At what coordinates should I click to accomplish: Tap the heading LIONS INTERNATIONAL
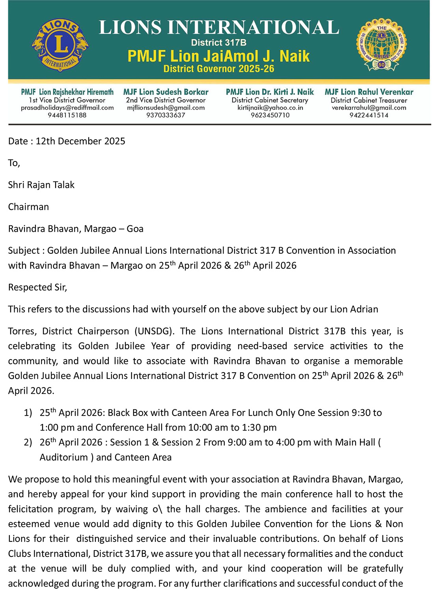[x=219, y=28]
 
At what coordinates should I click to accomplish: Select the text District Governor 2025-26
[x=219, y=69]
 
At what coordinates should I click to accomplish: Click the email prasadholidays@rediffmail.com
[x=67, y=108]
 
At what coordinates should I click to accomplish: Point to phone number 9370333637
[x=166, y=115]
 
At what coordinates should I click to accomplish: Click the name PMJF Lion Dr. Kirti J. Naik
[x=270, y=92]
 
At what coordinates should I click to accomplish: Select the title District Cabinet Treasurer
[x=369, y=100]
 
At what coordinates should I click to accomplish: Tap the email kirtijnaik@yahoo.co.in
[x=270, y=108]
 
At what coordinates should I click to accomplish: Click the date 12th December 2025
[x=80, y=141]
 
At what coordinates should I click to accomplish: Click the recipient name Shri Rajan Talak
[x=41, y=185]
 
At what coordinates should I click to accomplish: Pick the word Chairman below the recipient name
[x=28, y=207]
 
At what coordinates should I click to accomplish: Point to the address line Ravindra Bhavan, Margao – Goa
[x=76, y=229]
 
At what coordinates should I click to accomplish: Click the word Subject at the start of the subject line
[x=24, y=251]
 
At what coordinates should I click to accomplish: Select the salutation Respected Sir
[x=37, y=287]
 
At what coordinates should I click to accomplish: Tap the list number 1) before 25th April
[x=28, y=413]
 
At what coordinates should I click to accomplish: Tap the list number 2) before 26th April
[x=28, y=443]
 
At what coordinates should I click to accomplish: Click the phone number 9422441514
[x=369, y=115]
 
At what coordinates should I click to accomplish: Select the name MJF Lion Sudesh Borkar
[x=166, y=92]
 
